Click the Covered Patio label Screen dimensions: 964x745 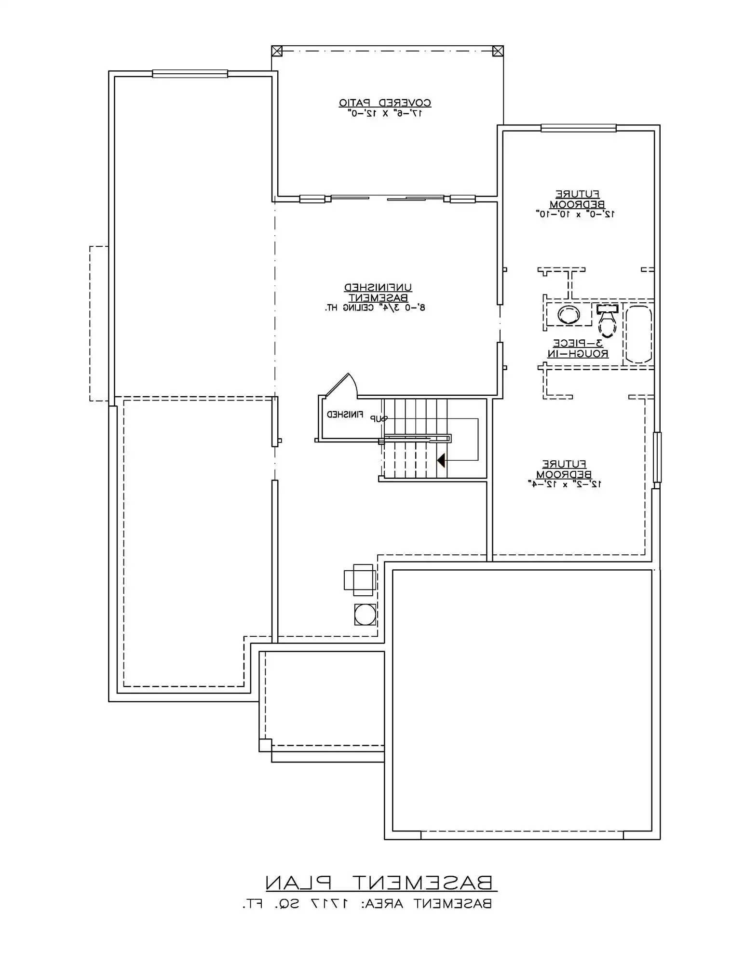pos(385,103)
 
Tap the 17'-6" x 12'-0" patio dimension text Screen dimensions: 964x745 pos(385,114)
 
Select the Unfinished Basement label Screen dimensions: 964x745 pos(378,293)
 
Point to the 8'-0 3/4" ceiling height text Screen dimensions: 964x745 pos(375,308)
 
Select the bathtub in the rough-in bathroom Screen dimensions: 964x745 pos(638,334)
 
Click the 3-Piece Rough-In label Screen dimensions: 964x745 pos(578,348)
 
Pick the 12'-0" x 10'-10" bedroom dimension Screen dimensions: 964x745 pos(575,214)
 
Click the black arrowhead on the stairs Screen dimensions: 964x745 pos(441,460)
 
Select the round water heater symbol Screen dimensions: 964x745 pos(365,614)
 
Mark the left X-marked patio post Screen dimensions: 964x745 pos(276,51)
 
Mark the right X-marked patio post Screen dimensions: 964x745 pos(498,51)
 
